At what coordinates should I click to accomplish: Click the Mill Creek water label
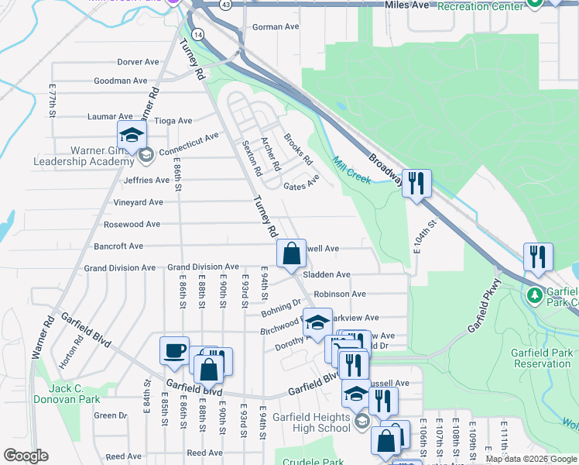(x=351, y=170)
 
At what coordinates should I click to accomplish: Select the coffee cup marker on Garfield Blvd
(x=174, y=350)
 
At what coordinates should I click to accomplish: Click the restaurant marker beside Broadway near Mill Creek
(x=416, y=184)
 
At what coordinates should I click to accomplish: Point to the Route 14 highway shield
(x=199, y=35)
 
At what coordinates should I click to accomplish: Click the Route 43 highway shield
(x=224, y=5)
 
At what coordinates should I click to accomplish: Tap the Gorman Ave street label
(x=276, y=27)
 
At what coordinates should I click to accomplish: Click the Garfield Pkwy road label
(x=481, y=306)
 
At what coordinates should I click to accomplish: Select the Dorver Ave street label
(x=138, y=62)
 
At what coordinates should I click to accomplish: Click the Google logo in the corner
(x=26, y=456)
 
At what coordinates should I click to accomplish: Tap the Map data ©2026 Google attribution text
(x=531, y=459)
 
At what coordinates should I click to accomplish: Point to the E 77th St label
(x=53, y=101)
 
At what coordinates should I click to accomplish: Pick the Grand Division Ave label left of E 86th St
(x=120, y=268)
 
